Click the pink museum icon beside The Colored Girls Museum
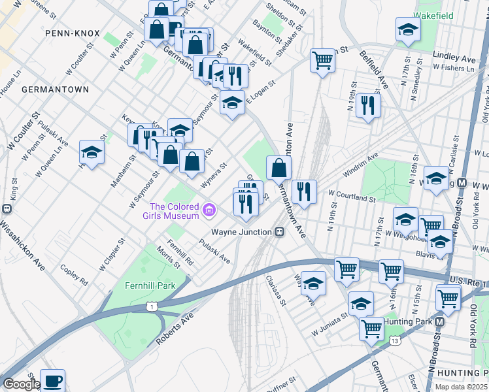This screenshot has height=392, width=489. pos(209,210)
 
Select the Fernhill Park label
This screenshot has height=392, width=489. pos(151,286)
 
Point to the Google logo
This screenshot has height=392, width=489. pos(21,384)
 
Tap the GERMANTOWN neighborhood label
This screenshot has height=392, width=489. pos(46,88)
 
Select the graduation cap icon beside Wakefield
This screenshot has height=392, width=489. pos(408,29)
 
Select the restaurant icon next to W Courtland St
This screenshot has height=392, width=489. pos(304,191)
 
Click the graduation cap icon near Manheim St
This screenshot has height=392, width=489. pos(92,153)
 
